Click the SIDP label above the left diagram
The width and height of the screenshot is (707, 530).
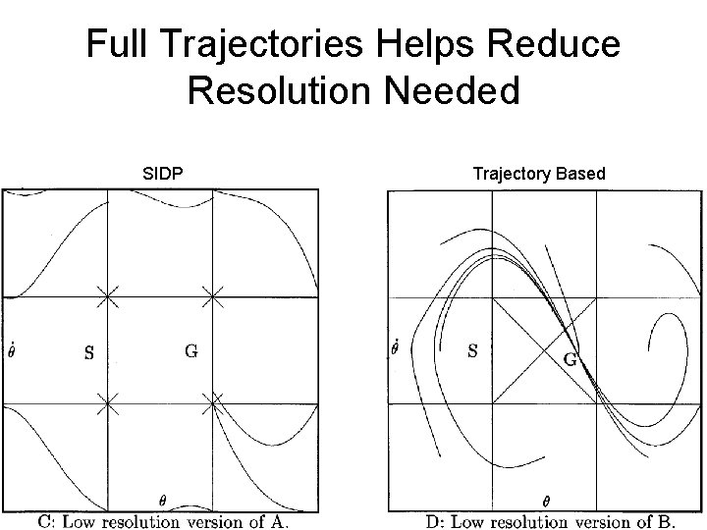(x=161, y=174)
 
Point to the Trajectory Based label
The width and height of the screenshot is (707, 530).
(x=539, y=174)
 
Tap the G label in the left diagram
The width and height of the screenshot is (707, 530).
(x=191, y=350)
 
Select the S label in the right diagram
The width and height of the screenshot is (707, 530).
(x=472, y=350)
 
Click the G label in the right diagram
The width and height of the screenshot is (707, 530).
(x=569, y=358)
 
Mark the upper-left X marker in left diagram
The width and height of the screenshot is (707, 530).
(x=108, y=295)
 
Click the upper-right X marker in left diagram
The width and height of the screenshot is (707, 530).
(x=213, y=295)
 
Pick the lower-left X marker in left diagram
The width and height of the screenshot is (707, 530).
(x=108, y=400)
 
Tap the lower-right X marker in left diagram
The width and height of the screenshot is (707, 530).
(x=213, y=400)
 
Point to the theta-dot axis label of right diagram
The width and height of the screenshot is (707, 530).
(x=396, y=347)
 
